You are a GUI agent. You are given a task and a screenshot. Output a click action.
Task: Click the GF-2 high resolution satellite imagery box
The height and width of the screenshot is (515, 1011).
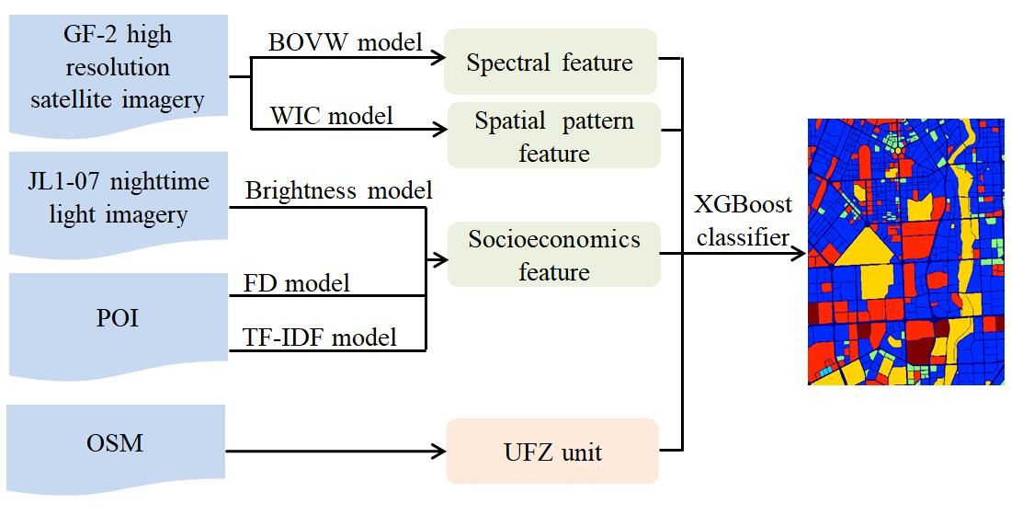(x=118, y=69)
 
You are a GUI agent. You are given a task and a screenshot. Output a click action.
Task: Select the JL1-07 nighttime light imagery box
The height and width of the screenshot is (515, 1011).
(x=118, y=200)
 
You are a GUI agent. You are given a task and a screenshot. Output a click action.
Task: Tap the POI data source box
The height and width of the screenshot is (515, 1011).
(x=118, y=322)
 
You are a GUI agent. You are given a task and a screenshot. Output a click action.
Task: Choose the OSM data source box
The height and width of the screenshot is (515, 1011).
(x=118, y=442)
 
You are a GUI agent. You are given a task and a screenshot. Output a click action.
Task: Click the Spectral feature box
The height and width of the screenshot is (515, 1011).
(x=550, y=63)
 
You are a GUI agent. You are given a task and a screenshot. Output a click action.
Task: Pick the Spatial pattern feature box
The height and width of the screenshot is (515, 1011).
(x=553, y=136)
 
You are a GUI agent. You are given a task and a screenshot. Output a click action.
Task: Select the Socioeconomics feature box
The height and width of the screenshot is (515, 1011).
(x=553, y=255)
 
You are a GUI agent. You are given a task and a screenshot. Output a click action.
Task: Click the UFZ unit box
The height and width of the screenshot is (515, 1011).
(x=552, y=451)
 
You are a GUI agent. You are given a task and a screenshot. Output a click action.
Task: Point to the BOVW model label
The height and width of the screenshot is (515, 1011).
(x=345, y=42)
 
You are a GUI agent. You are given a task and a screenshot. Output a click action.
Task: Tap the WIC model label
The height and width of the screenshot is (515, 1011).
(x=331, y=116)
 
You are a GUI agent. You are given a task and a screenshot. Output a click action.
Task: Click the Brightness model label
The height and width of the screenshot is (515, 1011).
(x=338, y=190)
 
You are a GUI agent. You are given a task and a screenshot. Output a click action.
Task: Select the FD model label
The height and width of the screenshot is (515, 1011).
(x=297, y=282)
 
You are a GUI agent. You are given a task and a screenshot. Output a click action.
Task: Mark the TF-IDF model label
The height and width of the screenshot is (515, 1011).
(x=321, y=337)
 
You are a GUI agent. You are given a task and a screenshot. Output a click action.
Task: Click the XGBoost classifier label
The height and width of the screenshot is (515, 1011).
(x=744, y=221)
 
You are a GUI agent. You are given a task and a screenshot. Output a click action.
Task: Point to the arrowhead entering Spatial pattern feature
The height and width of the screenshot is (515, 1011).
(x=436, y=130)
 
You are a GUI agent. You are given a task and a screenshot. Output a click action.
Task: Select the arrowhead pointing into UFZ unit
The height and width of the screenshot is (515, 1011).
(x=437, y=451)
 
